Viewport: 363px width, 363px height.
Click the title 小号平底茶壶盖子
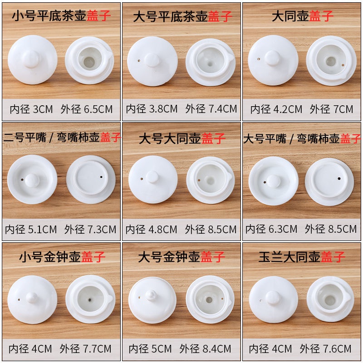[x=61, y=16]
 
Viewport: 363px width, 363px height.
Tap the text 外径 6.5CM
[x=87, y=109]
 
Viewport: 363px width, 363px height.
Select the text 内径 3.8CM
[x=152, y=109]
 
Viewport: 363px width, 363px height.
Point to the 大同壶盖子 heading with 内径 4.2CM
[x=303, y=16]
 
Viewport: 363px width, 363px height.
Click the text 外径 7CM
[x=332, y=109]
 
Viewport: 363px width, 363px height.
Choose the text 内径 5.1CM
[x=31, y=230]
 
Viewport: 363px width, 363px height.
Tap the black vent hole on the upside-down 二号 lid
[x=101, y=177]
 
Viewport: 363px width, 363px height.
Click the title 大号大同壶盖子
[x=182, y=138]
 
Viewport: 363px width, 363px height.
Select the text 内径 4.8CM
[x=152, y=230]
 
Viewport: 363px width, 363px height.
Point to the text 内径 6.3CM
[x=271, y=229]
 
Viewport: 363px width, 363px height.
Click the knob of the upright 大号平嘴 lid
[x=274, y=181]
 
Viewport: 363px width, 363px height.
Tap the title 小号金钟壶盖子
[x=62, y=257]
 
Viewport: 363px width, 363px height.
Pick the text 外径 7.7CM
[x=85, y=349]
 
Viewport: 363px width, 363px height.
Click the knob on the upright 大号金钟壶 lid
[x=151, y=295]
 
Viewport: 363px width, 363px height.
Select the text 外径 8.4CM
[x=206, y=348]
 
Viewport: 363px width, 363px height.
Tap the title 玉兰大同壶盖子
[x=302, y=257]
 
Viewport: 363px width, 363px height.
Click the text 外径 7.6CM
[x=325, y=349]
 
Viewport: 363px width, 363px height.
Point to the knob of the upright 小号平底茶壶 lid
[x=32, y=59]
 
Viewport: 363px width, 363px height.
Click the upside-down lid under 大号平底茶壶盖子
[x=211, y=62]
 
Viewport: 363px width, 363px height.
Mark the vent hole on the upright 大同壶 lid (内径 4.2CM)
[x=259, y=59]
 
